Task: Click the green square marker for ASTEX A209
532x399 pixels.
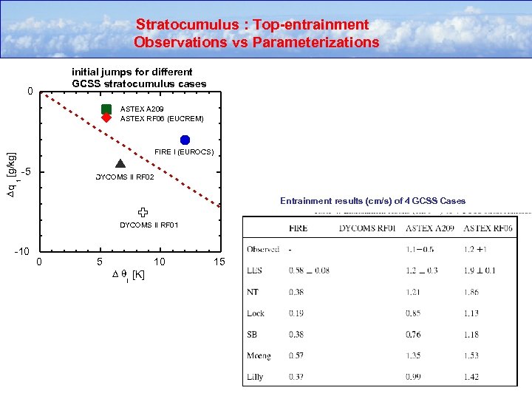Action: (106, 109)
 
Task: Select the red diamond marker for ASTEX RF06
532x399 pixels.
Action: (106, 117)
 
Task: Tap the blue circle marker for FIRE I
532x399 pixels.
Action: (185, 140)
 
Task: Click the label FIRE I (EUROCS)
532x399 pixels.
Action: (184, 152)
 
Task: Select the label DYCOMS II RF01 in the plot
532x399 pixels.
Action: (149, 225)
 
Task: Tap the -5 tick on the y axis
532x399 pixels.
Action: (27, 173)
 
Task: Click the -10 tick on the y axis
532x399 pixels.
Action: (23, 253)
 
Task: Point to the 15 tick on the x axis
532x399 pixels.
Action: (219, 262)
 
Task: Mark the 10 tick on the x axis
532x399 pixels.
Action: (159, 262)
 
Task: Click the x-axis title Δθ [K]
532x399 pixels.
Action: (128, 276)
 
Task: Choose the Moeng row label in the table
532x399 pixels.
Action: (259, 356)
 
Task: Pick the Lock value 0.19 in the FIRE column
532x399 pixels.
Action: (298, 313)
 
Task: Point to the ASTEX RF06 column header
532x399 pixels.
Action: (488, 228)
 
